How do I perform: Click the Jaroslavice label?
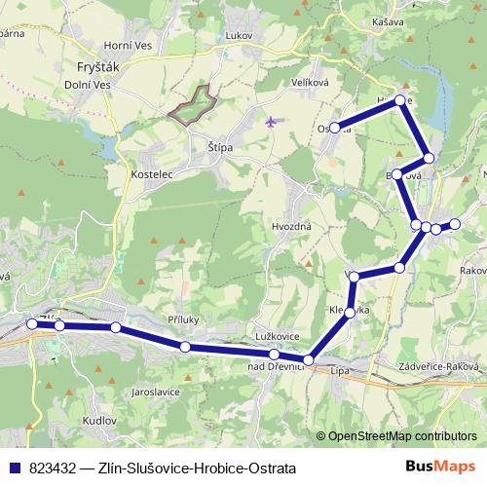[156, 393]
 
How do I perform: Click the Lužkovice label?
[278, 336]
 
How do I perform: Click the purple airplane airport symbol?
[270, 123]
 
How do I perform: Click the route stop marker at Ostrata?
[334, 128]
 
